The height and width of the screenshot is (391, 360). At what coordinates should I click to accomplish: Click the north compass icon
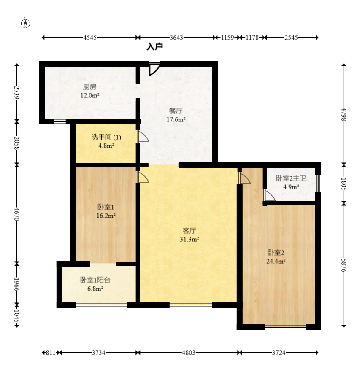click(25, 22)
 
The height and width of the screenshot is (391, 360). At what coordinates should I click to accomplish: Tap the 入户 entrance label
click(155, 47)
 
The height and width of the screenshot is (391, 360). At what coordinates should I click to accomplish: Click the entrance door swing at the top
click(154, 69)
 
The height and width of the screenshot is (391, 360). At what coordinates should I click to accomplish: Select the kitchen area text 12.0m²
click(90, 95)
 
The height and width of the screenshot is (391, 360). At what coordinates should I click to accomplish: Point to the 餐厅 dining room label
click(176, 111)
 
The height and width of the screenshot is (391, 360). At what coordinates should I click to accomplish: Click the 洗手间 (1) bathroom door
click(143, 136)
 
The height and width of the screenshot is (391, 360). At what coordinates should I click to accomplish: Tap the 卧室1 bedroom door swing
click(143, 177)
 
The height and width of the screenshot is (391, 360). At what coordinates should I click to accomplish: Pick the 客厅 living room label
click(189, 230)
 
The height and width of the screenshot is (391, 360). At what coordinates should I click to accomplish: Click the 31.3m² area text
click(189, 239)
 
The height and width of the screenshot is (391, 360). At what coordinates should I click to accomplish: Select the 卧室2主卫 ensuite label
click(291, 178)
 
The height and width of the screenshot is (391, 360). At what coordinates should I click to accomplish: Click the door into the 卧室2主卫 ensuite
click(270, 195)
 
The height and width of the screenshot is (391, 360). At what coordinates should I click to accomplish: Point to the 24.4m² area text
click(276, 261)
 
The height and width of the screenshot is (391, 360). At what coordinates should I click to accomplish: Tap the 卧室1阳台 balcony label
click(95, 280)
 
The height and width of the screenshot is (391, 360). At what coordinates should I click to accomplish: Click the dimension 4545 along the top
click(90, 38)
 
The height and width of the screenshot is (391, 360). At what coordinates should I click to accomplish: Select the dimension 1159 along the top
click(227, 38)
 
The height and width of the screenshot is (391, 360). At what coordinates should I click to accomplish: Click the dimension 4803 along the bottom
click(189, 353)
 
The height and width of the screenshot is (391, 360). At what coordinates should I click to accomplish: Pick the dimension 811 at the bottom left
click(50, 353)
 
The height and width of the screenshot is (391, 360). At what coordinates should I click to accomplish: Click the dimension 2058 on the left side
click(17, 143)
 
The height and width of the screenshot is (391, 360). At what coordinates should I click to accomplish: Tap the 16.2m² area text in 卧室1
click(106, 216)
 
